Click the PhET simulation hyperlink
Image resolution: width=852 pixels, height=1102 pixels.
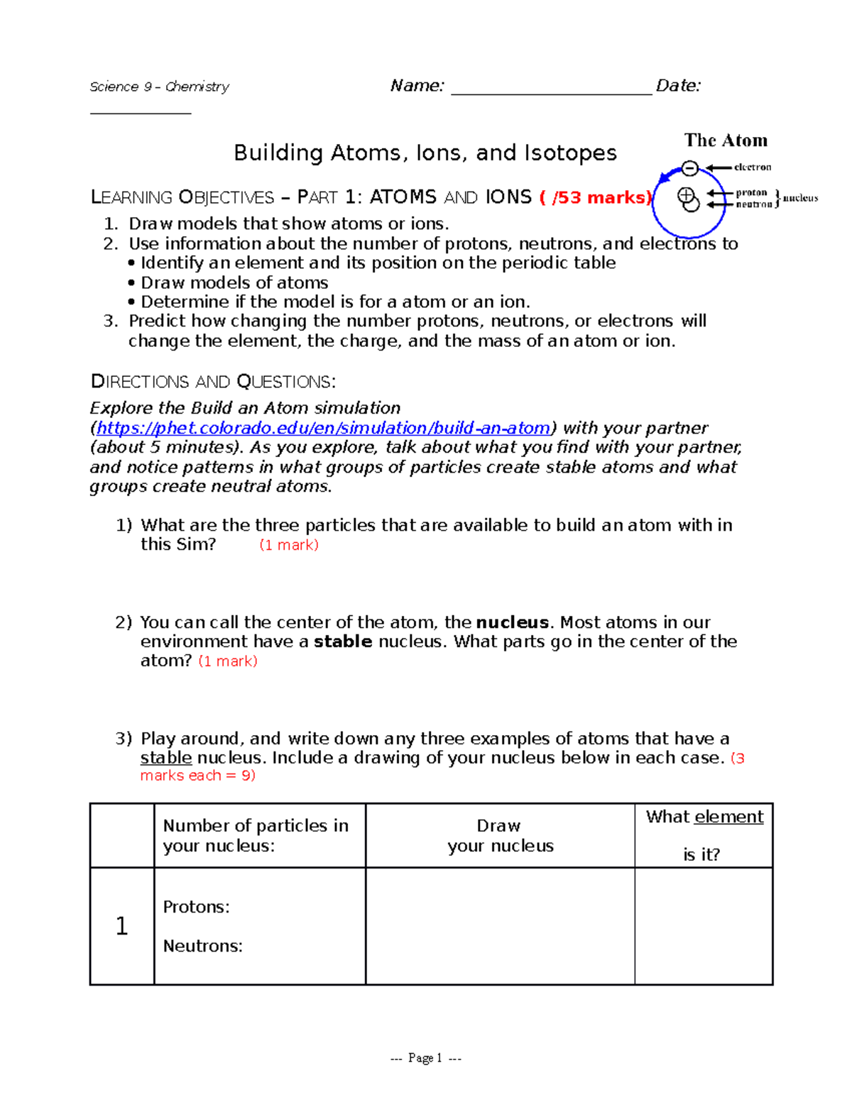click(323, 428)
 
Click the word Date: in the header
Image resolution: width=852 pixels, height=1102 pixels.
click(678, 86)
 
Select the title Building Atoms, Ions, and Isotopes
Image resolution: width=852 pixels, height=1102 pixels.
click(425, 153)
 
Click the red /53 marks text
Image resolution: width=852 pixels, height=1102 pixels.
click(595, 197)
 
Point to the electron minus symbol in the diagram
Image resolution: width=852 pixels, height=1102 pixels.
click(689, 168)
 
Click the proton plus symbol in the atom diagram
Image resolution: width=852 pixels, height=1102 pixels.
click(686, 194)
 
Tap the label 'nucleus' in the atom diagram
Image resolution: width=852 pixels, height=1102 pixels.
click(800, 198)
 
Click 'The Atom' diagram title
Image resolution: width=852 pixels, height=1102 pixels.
click(726, 140)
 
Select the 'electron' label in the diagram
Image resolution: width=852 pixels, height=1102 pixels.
click(753, 167)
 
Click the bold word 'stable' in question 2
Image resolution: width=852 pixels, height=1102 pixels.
click(343, 641)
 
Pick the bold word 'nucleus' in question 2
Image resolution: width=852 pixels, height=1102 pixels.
click(512, 622)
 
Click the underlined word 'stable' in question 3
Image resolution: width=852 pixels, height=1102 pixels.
click(166, 758)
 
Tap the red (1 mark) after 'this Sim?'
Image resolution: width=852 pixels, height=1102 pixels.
click(289, 545)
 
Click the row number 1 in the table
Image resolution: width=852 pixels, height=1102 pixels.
click(121, 926)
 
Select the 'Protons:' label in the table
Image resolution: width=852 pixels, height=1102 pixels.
click(196, 907)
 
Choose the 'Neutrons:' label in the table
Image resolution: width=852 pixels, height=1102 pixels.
click(202, 946)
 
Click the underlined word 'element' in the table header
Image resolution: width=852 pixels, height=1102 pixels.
click(728, 817)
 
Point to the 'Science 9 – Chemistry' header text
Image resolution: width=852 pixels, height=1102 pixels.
click(159, 87)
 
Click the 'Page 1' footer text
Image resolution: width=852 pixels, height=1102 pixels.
click(425, 1058)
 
